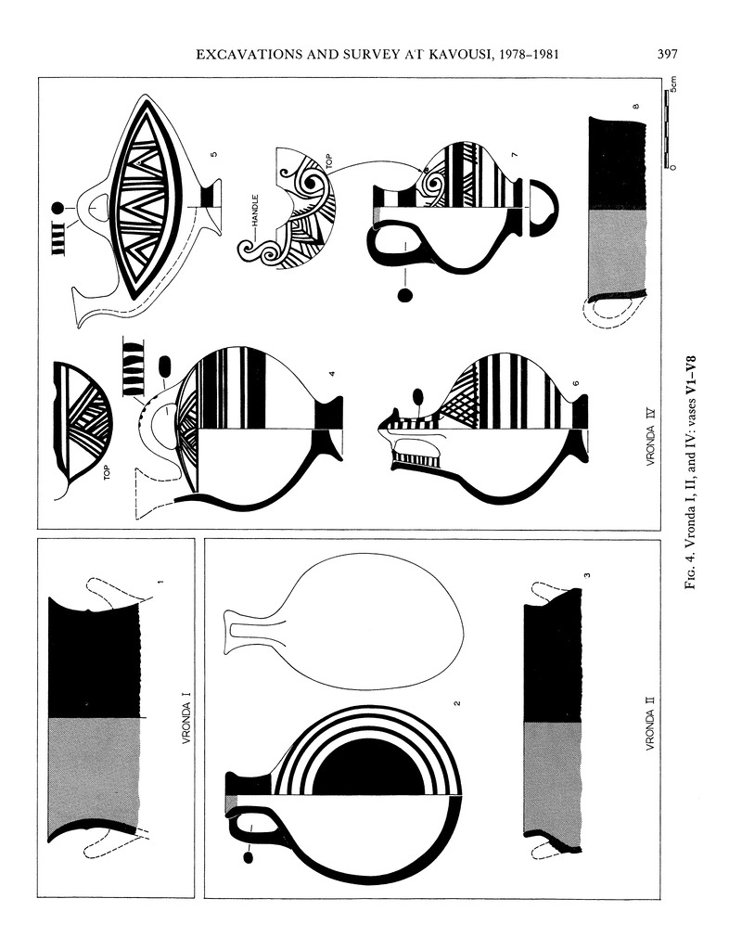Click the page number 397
coord(667,55)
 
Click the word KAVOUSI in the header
coord(459,55)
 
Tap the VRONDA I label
coord(186,722)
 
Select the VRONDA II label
coord(650,724)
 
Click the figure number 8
coord(635,107)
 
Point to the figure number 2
coord(457,703)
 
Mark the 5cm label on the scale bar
coord(673,84)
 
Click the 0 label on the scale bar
coord(673,167)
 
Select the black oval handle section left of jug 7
coord(404,295)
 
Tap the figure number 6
coord(576,384)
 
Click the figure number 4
coord(332,375)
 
